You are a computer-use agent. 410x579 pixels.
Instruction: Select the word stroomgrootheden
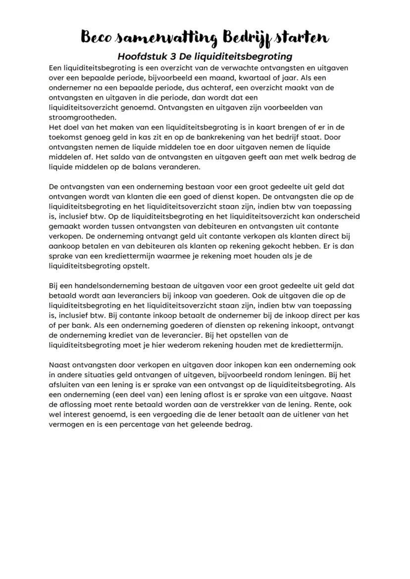(82, 117)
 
